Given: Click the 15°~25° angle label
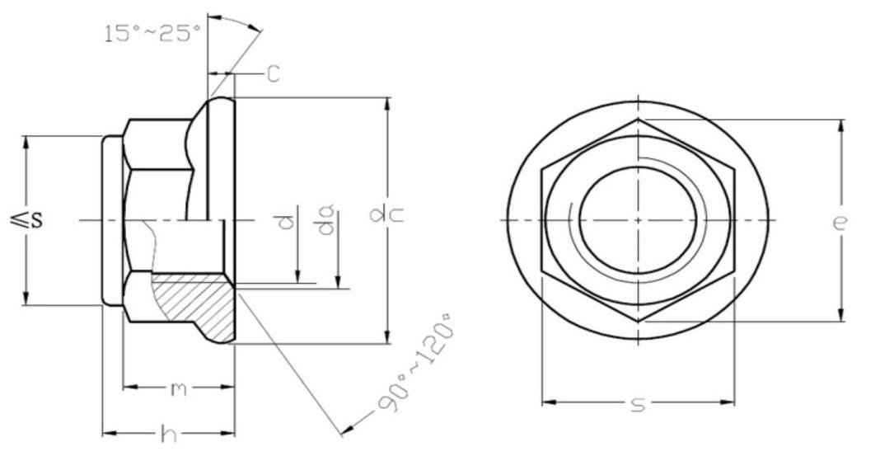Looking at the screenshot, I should tap(152, 34).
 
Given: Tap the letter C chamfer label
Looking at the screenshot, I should tap(273, 74).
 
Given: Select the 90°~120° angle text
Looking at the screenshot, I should tap(416, 363).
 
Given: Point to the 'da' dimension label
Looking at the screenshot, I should tap(328, 220).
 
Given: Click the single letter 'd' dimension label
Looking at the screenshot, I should tap(285, 220).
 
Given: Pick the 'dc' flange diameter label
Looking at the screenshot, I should tap(377, 216).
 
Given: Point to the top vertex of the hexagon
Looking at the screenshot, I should tap(638, 120).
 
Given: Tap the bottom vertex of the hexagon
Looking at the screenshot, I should tap(638, 321).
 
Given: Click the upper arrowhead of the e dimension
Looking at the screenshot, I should tap(840, 126).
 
